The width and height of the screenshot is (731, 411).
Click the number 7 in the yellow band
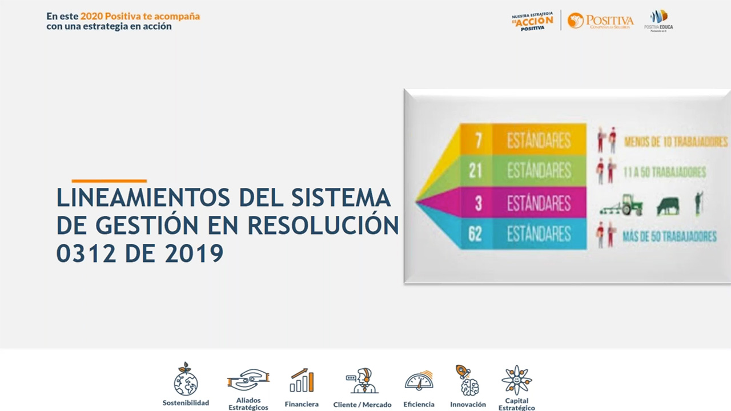tap(479, 140)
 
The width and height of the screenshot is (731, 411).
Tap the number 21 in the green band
tap(476, 171)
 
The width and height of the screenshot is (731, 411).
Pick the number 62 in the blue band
tap(475, 234)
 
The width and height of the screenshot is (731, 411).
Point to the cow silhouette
tap(668, 205)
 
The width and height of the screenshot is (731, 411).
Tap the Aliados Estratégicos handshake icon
tap(248, 380)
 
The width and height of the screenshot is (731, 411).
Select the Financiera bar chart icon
tap(302, 380)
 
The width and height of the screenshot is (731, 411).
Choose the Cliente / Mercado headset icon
tap(362, 381)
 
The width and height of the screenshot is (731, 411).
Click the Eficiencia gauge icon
tap(419, 381)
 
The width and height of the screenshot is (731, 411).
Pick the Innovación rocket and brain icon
tap(467, 380)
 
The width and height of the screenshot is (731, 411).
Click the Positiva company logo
tap(600, 21)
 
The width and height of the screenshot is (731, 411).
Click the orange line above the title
tap(109, 181)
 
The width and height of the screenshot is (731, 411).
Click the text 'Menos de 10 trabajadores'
tap(676, 142)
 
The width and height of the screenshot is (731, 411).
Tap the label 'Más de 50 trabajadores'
tap(669, 236)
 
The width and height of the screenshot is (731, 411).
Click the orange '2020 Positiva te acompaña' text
tap(140, 16)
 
